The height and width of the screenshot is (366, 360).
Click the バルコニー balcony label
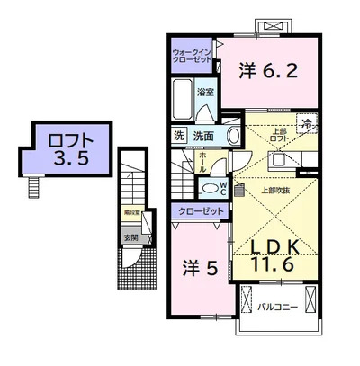(276, 306)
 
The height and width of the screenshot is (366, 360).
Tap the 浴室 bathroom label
(205, 93)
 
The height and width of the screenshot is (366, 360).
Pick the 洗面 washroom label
(202, 137)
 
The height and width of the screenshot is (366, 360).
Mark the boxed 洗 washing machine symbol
(180, 137)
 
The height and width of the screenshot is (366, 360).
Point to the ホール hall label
(203, 165)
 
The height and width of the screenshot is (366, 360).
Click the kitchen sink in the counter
(280, 159)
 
